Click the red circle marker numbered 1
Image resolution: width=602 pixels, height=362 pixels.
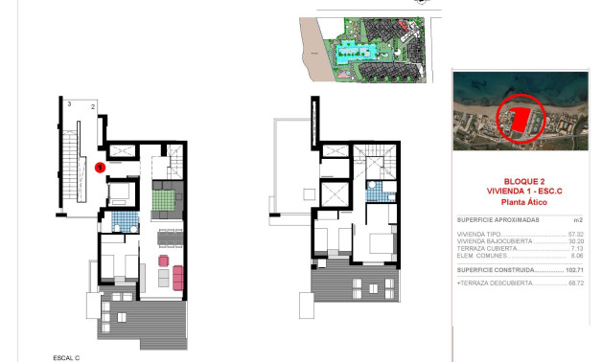100,168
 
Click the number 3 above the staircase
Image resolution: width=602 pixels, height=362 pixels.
70,102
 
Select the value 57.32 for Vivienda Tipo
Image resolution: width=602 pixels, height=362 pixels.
575,234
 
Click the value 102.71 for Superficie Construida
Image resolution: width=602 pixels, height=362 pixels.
573,271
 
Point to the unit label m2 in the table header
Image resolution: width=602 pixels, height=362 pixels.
578,219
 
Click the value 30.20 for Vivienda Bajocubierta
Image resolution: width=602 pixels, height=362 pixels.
575,241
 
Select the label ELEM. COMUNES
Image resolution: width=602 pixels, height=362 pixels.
480,257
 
